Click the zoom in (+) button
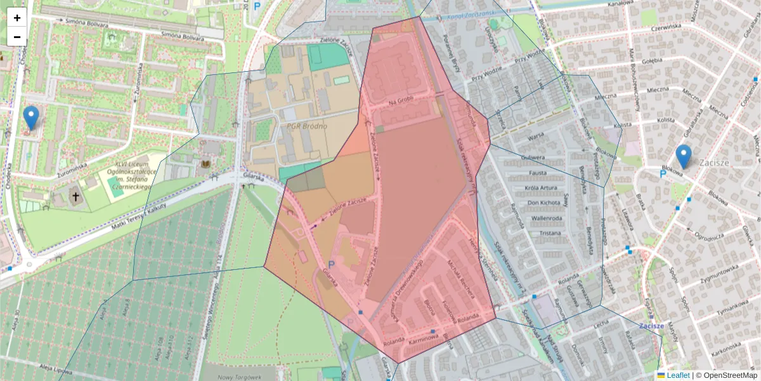pos(17,18)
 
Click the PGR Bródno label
pos(306,126)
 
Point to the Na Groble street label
pos(401,102)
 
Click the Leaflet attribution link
pos(677,375)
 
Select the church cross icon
pos(76,196)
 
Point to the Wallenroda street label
pos(530,218)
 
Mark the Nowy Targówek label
pos(240,377)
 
